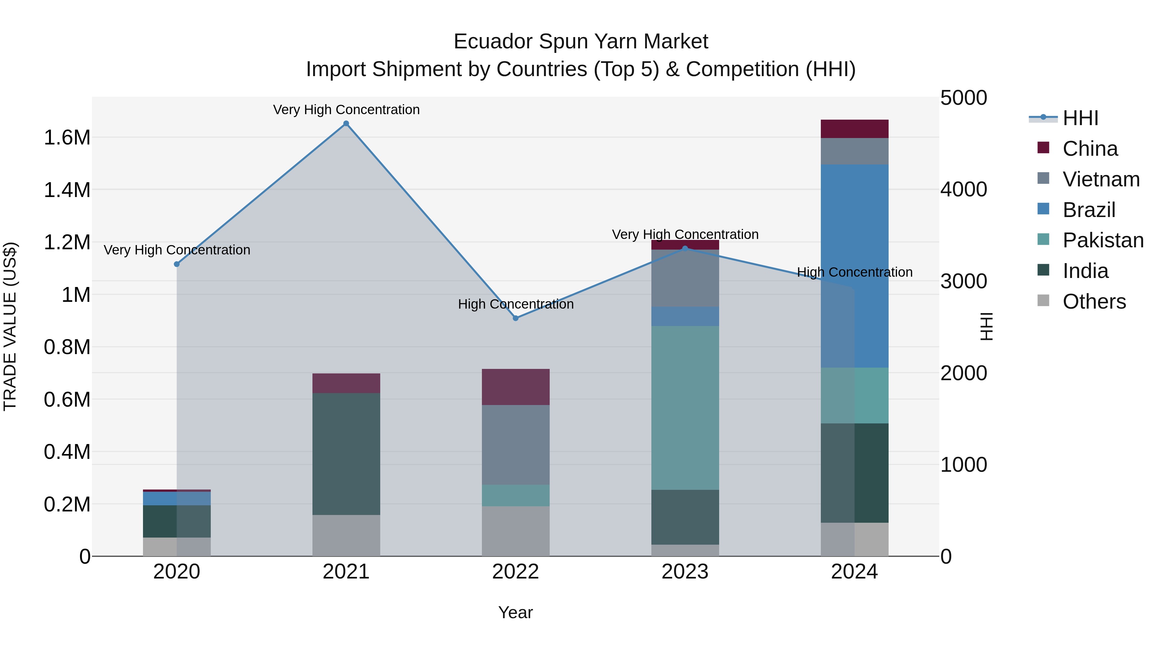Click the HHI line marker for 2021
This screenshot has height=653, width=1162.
[x=346, y=124]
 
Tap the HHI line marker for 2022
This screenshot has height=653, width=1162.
[x=515, y=318]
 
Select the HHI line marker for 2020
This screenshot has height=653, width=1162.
[x=177, y=264]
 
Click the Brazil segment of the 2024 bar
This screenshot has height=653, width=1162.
[x=854, y=266]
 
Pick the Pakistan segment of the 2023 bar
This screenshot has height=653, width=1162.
[x=685, y=408]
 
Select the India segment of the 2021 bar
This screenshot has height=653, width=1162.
[x=346, y=454]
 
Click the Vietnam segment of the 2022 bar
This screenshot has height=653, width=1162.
[x=515, y=445]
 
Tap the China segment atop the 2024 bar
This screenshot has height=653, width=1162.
[x=854, y=129]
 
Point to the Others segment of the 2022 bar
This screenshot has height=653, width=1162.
[x=515, y=531]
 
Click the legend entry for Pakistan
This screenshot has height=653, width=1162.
[x=1103, y=240]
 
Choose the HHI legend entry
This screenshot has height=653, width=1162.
[x=1080, y=118]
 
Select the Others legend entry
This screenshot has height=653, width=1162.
[x=1094, y=302]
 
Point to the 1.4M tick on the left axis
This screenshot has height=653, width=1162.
[x=67, y=190]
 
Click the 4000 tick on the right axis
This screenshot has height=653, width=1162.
[x=963, y=189]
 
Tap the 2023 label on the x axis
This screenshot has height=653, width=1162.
[x=685, y=572]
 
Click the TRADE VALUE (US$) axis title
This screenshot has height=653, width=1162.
[x=10, y=326]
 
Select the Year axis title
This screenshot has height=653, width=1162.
[x=515, y=612]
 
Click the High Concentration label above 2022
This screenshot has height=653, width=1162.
[x=515, y=304]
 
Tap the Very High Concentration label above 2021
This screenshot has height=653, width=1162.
[x=346, y=110]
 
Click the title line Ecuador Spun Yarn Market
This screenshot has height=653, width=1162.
[x=581, y=42]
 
